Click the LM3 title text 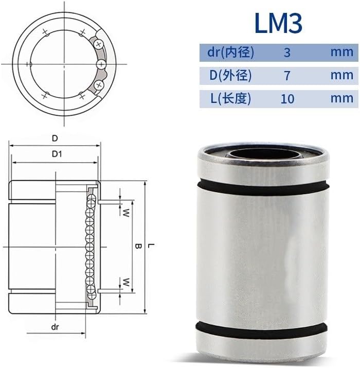click(278, 23)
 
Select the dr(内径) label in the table click(230, 52)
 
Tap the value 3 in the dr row click(287, 52)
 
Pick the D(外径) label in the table click(230, 75)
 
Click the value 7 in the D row click(287, 76)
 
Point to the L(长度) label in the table click(230, 98)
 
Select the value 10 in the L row click(287, 99)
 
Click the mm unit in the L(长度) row click(342, 98)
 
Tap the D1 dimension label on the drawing click(57, 154)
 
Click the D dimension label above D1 click(55, 138)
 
